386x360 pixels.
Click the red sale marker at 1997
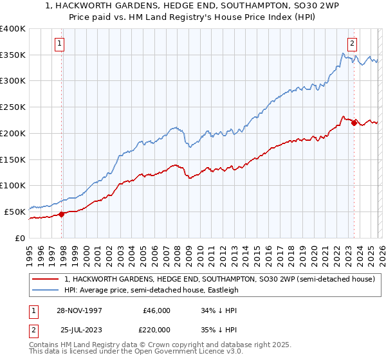(62, 214)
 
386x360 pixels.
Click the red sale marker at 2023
(354, 123)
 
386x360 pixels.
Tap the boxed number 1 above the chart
(59, 44)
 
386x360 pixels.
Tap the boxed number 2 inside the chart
(353, 44)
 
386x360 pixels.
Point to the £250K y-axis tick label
(13, 107)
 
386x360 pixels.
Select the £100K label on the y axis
(13, 186)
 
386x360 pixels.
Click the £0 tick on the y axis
(19, 238)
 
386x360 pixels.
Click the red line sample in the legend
(46, 279)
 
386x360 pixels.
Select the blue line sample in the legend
(46, 290)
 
